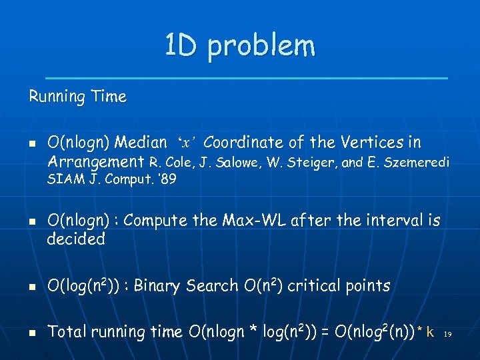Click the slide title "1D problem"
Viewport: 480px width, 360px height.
pos(240,46)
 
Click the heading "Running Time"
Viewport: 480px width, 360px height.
pos(77,97)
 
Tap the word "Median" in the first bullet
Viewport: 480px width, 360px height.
pos(141,142)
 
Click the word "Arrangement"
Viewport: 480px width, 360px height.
pos(96,161)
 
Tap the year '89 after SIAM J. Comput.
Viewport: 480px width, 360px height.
pos(166,179)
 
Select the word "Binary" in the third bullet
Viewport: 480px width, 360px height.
pos(159,286)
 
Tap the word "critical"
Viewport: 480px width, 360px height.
pos(308,286)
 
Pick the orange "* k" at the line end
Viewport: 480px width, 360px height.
pos(425,331)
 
